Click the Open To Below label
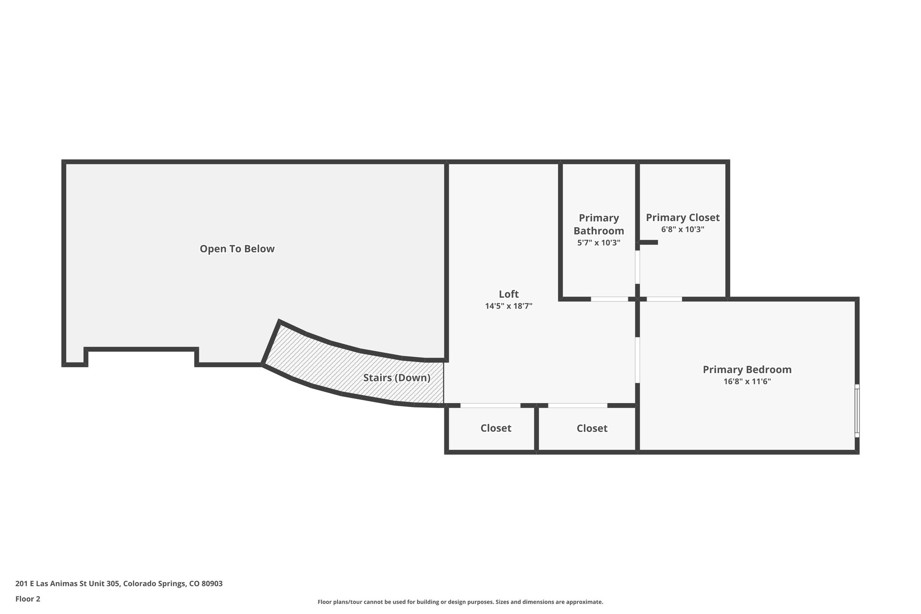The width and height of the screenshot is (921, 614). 237,249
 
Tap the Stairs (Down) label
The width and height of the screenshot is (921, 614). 397,378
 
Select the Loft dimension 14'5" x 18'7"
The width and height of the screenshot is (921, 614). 509,306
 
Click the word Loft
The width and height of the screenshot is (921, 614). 509,294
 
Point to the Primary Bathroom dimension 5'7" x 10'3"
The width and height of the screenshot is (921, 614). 599,243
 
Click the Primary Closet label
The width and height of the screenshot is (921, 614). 683,218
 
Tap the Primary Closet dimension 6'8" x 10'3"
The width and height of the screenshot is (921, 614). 683,229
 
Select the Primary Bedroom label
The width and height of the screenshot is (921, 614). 747,370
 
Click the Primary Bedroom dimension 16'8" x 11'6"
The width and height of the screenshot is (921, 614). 747,382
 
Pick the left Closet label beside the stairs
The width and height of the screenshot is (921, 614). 496,428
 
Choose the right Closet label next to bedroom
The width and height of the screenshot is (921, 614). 592,429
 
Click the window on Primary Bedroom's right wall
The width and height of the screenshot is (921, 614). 857,411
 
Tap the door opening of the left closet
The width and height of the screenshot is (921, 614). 490,406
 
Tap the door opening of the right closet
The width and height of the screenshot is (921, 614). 577,406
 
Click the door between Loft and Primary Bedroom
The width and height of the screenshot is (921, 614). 637,360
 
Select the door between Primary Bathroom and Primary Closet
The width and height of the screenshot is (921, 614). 637,267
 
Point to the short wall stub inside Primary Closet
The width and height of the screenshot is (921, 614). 648,242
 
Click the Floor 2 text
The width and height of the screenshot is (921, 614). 28,599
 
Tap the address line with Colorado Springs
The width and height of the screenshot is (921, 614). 119,584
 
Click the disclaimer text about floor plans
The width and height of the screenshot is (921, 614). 460,602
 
